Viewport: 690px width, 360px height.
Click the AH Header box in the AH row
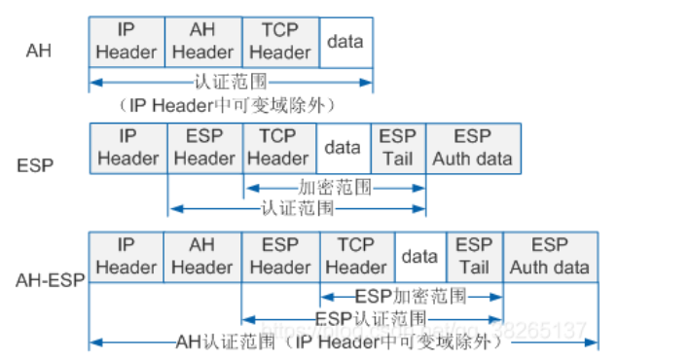coord(203,42)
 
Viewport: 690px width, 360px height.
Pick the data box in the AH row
coord(345,42)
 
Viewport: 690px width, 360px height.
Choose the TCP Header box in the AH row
coord(279,42)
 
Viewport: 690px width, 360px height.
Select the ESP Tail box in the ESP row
coord(397,147)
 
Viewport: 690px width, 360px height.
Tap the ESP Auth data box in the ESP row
coord(472,147)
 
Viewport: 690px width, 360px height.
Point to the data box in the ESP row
coord(342,147)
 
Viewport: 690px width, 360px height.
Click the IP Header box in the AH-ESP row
coord(127,256)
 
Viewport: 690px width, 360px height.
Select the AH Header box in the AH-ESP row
coord(201,256)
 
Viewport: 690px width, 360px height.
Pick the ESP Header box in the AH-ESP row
coord(279,256)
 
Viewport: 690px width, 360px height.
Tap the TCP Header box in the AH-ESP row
coord(356,256)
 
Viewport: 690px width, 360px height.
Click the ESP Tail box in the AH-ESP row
coord(474,256)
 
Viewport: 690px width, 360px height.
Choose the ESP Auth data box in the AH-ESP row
coord(550,256)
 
